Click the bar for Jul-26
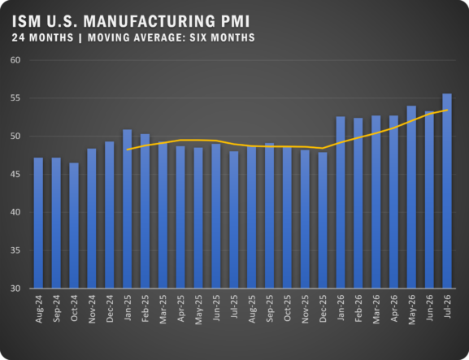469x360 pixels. tap(447, 191)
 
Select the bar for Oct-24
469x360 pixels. tap(74, 225)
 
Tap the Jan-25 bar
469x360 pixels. tap(127, 209)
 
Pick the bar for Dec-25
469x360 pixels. tap(323, 220)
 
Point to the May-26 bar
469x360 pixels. tap(411, 197)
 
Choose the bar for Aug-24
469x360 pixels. tap(38, 223)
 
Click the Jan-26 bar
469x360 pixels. tap(341, 202)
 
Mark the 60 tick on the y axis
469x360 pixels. tap(15, 60)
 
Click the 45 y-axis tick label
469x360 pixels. tap(15, 175)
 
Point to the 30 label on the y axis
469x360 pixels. tap(15, 288)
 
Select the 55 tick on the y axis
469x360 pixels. tap(15, 98)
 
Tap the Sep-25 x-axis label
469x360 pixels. tap(270, 308)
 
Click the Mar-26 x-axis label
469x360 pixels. tap(376, 309)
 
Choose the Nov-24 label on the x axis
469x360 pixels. tap(92, 309)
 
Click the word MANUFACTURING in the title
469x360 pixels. tap(149, 21)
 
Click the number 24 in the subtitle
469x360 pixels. tap(19, 37)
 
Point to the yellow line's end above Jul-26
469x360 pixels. tap(448, 110)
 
